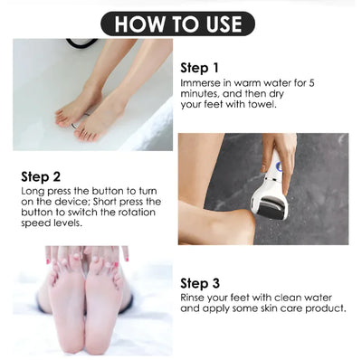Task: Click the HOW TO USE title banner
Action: point(177,24)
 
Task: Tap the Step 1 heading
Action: point(199,68)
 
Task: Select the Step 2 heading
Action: point(41,176)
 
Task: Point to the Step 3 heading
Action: point(200,283)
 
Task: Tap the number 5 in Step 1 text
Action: point(311,82)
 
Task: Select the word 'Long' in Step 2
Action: point(29,191)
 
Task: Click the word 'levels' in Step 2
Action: point(67,223)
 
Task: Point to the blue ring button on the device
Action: point(279,166)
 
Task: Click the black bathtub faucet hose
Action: point(81,43)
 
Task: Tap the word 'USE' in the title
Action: point(224,24)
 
